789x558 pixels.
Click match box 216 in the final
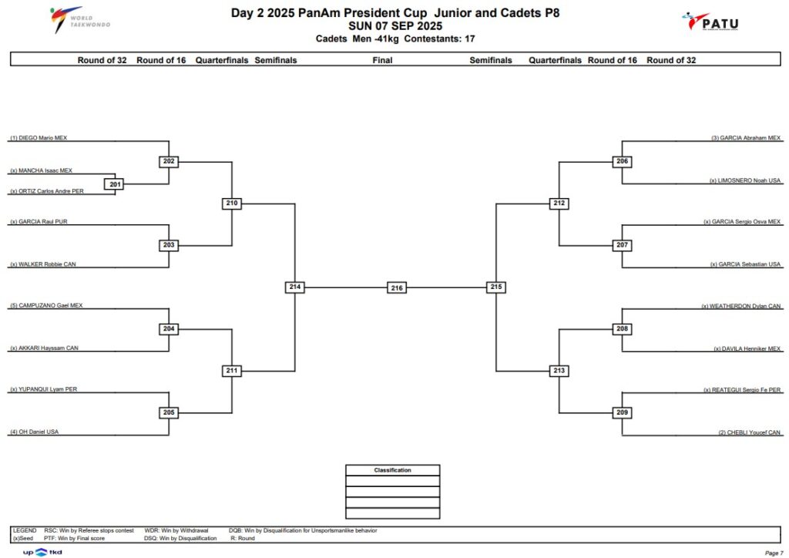[397, 287]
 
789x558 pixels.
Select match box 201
[116, 185]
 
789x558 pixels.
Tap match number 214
[295, 287]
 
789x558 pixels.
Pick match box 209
[622, 412]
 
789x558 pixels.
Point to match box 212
[559, 203]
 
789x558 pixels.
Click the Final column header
[382, 60]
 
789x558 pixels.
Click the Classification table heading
[392, 470]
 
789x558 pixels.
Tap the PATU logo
[710, 22]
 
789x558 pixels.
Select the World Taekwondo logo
[79, 19]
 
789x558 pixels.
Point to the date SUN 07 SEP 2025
[395, 26]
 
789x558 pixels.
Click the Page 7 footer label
[774, 553]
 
